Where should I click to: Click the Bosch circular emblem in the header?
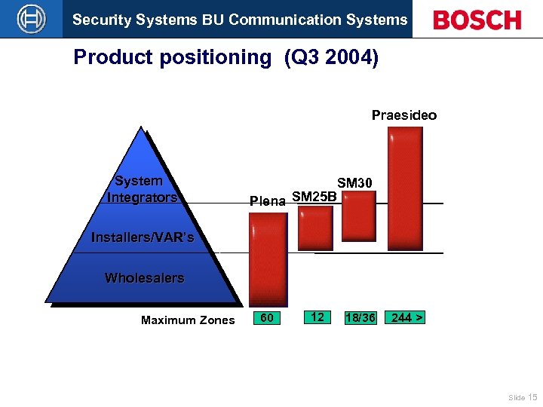(x=31, y=19)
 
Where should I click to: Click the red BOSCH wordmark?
(x=477, y=20)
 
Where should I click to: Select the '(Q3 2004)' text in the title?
(x=332, y=58)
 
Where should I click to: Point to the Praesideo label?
(x=403, y=115)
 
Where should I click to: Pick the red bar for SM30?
(x=359, y=215)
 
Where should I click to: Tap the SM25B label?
(x=314, y=197)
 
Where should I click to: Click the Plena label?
(x=268, y=201)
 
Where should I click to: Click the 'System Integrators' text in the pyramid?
(x=141, y=189)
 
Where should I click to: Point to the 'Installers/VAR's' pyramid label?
(x=143, y=238)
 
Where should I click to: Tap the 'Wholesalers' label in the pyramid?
(x=144, y=278)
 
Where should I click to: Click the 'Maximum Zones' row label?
(x=188, y=320)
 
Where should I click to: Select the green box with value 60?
(x=267, y=318)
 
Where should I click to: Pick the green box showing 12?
(x=318, y=317)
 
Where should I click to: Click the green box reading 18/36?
(x=360, y=318)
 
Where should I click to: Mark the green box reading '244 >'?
(x=405, y=318)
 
